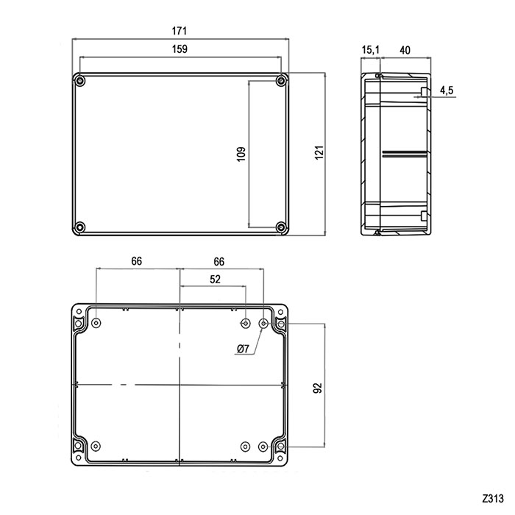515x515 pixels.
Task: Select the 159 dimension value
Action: [180, 49]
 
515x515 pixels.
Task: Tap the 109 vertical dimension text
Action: [241, 154]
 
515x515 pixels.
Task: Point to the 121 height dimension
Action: [318, 154]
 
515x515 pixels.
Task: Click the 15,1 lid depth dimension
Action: [370, 49]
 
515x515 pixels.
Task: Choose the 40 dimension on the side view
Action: [404, 49]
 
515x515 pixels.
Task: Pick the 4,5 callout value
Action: [447, 90]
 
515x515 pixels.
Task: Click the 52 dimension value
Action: [214, 279]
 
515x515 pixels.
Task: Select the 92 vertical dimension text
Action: [318, 386]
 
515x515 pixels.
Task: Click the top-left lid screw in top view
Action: [81, 80]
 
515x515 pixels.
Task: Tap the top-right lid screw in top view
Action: [281, 80]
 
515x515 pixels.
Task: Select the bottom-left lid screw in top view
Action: [81, 227]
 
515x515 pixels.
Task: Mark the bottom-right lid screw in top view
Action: [281, 227]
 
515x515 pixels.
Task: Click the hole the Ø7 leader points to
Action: [264, 324]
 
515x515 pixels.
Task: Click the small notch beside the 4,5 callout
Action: [422, 92]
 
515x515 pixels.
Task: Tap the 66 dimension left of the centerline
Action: [137, 261]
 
